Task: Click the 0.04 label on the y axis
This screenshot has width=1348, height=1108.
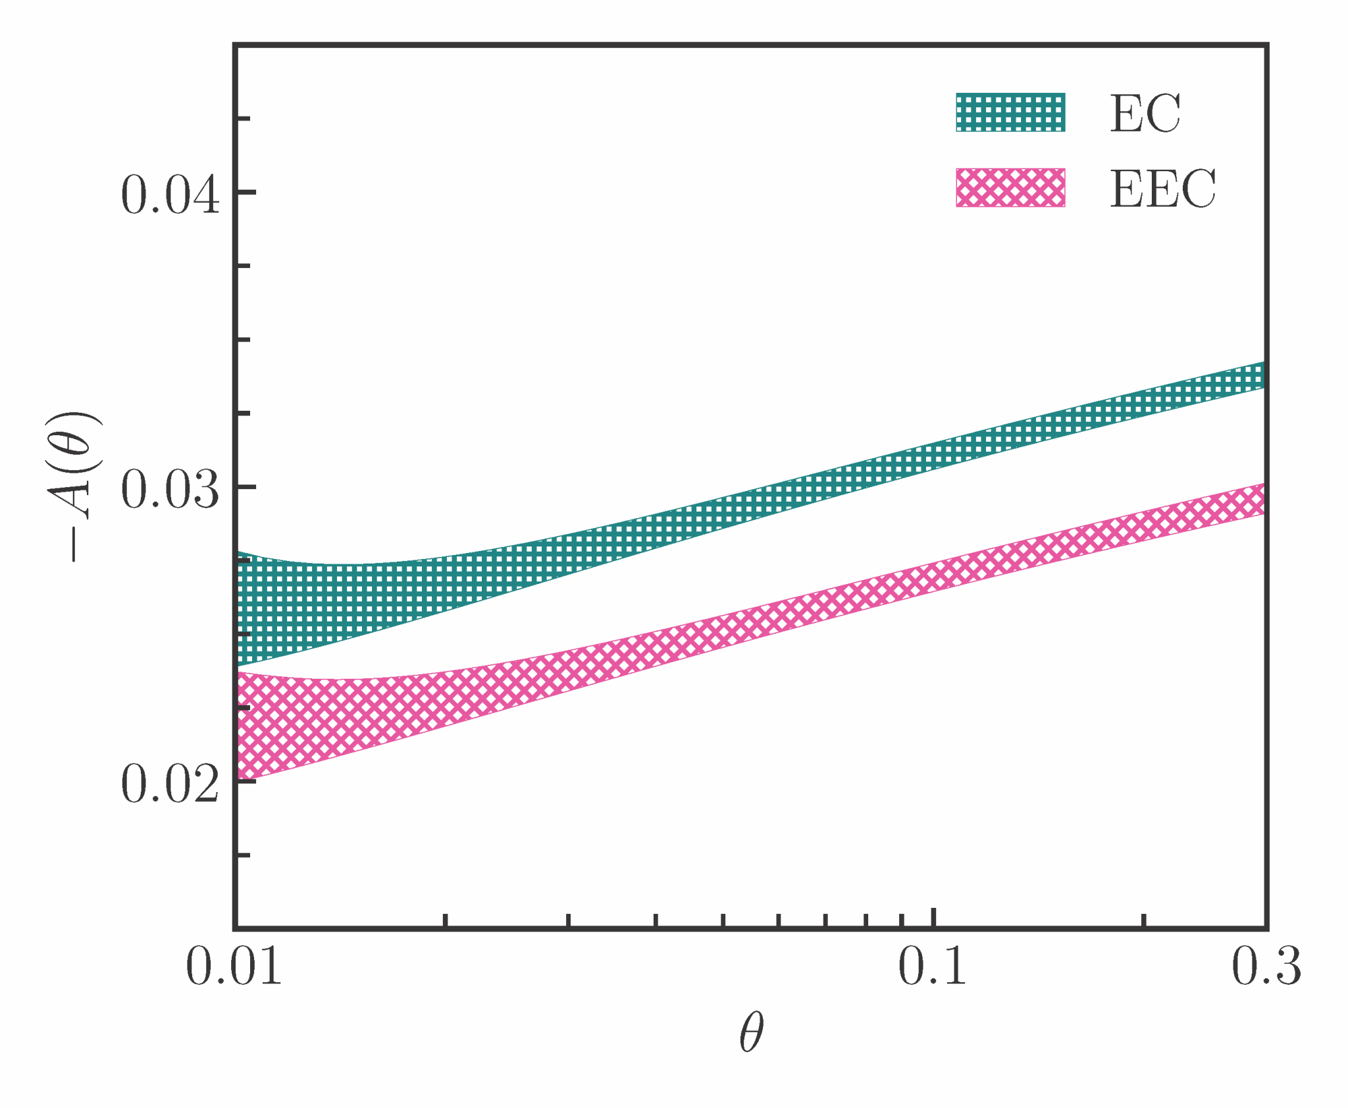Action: coord(170,195)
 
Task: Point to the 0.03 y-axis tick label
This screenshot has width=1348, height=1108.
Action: coord(170,490)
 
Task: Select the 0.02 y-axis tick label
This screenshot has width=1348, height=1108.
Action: coord(170,784)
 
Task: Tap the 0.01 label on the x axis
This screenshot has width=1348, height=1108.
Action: coord(234,967)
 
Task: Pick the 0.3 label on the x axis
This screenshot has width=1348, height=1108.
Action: coord(1266,967)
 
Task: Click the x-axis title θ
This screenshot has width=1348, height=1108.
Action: coord(751,1032)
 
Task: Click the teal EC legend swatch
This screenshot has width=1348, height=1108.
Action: coord(1010,113)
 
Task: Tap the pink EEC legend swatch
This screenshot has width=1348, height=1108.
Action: coord(1010,188)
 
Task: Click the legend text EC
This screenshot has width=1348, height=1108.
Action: coord(1145,114)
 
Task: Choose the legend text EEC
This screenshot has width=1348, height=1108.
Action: coord(1162,189)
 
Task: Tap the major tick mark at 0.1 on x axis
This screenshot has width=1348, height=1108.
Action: coord(933,918)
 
